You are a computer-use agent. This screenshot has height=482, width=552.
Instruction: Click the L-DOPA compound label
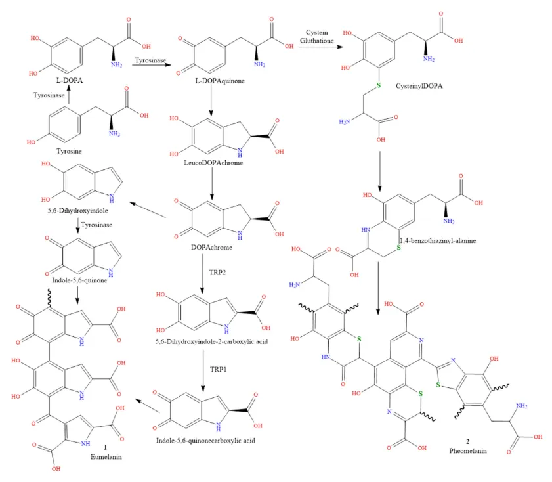click(x=70, y=81)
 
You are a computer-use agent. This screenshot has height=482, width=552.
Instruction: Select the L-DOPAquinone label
click(x=220, y=81)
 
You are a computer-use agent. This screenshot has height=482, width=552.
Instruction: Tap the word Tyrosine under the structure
click(x=69, y=151)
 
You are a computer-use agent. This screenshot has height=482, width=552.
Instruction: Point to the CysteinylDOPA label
click(x=419, y=86)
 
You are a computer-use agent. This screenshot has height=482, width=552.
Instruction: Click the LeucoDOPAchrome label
click(x=213, y=163)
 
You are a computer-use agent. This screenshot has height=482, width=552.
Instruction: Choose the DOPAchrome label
click(x=211, y=247)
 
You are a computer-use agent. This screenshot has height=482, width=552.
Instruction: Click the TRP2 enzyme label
click(x=217, y=272)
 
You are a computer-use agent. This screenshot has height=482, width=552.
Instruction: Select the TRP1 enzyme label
click(x=219, y=369)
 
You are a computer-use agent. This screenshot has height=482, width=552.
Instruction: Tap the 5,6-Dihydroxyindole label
click(x=78, y=211)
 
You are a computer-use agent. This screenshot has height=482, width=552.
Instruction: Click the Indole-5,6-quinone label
click(x=79, y=280)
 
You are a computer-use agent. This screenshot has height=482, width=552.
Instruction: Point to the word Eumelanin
click(x=106, y=457)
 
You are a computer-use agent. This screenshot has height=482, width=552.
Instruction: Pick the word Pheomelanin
click(x=468, y=450)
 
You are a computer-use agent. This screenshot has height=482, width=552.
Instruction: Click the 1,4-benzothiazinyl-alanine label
click(x=438, y=241)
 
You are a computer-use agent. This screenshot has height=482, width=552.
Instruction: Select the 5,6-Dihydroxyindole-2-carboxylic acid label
click(x=211, y=341)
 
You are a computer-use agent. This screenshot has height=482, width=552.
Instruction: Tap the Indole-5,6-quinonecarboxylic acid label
click(x=205, y=441)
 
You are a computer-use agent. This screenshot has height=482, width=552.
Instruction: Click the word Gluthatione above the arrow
click(x=317, y=41)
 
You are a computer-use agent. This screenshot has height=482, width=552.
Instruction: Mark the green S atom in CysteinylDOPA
click(x=379, y=85)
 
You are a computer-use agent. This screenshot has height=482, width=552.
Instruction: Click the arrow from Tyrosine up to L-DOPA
click(x=69, y=95)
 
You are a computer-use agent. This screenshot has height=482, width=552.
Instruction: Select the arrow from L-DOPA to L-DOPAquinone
click(x=152, y=65)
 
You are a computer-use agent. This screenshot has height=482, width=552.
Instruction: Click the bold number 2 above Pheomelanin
click(x=468, y=441)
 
